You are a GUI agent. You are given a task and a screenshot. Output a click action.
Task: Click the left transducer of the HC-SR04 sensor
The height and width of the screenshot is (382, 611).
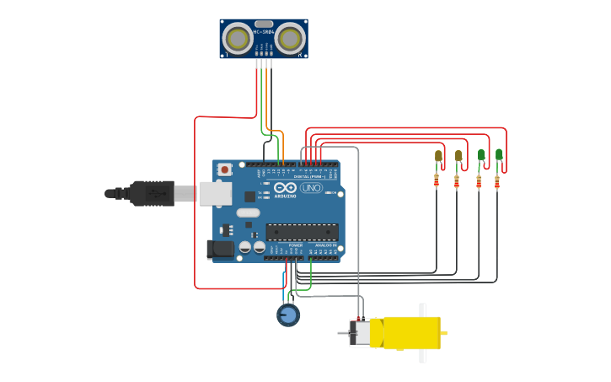[239, 39]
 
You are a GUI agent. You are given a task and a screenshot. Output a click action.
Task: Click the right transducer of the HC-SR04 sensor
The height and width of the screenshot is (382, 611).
[291, 39]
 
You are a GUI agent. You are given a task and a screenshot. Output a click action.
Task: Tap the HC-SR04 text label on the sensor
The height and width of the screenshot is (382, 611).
[264, 32]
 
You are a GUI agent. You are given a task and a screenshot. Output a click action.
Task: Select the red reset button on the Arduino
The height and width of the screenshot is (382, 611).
[225, 169]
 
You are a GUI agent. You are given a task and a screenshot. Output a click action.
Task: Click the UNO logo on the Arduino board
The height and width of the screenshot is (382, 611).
[311, 188]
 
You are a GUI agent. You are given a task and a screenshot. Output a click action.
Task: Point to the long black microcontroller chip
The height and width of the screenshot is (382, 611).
[302, 232]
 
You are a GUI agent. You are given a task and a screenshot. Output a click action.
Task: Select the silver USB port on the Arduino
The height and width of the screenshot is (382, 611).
[215, 193]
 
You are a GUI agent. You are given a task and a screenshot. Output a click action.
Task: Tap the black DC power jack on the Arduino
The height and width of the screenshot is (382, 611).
[220, 249]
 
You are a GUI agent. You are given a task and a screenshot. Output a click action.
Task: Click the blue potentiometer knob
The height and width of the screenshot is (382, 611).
[288, 315]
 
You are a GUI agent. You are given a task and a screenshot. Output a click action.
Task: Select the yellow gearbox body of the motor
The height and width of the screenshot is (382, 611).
[410, 333]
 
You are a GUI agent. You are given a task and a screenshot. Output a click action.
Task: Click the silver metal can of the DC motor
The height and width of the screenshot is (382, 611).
[361, 333]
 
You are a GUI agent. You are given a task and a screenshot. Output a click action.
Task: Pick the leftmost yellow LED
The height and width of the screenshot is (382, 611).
[438, 156]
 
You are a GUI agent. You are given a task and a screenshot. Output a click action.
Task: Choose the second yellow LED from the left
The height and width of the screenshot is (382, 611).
[458, 156]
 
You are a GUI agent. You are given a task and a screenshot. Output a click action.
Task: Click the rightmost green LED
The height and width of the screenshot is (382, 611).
[499, 154]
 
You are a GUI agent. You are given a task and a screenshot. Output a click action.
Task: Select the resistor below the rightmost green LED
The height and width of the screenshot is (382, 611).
[497, 180]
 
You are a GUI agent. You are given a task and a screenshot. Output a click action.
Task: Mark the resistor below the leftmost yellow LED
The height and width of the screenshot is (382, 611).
[437, 180]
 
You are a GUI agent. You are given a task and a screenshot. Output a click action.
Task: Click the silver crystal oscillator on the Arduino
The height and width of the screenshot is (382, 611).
[249, 213]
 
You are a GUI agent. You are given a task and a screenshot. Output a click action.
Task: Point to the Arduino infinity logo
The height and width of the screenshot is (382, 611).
[285, 187]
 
